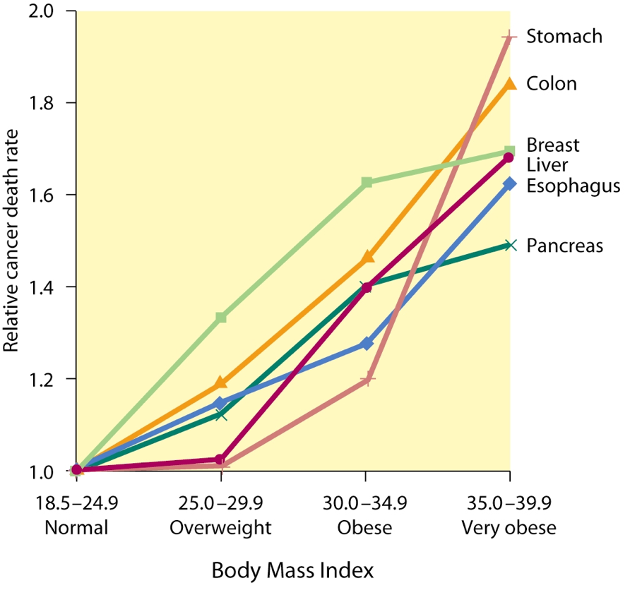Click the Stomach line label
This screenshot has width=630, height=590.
[x=564, y=36]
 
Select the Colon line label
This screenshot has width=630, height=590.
[x=552, y=83]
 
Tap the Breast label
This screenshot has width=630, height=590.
[x=553, y=145]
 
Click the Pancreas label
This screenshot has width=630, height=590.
[x=564, y=246]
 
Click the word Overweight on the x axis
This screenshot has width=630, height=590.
[x=221, y=528]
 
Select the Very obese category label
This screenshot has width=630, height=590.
[x=509, y=528]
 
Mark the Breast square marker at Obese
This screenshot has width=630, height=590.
[x=367, y=183]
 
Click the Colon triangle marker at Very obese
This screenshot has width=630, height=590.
[x=509, y=83]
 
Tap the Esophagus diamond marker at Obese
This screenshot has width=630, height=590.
[x=367, y=344]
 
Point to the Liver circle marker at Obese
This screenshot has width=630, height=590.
[x=367, y=287]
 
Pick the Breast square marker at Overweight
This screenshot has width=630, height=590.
[x=221, y=318]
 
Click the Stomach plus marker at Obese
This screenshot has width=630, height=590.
[x=367, y=380]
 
